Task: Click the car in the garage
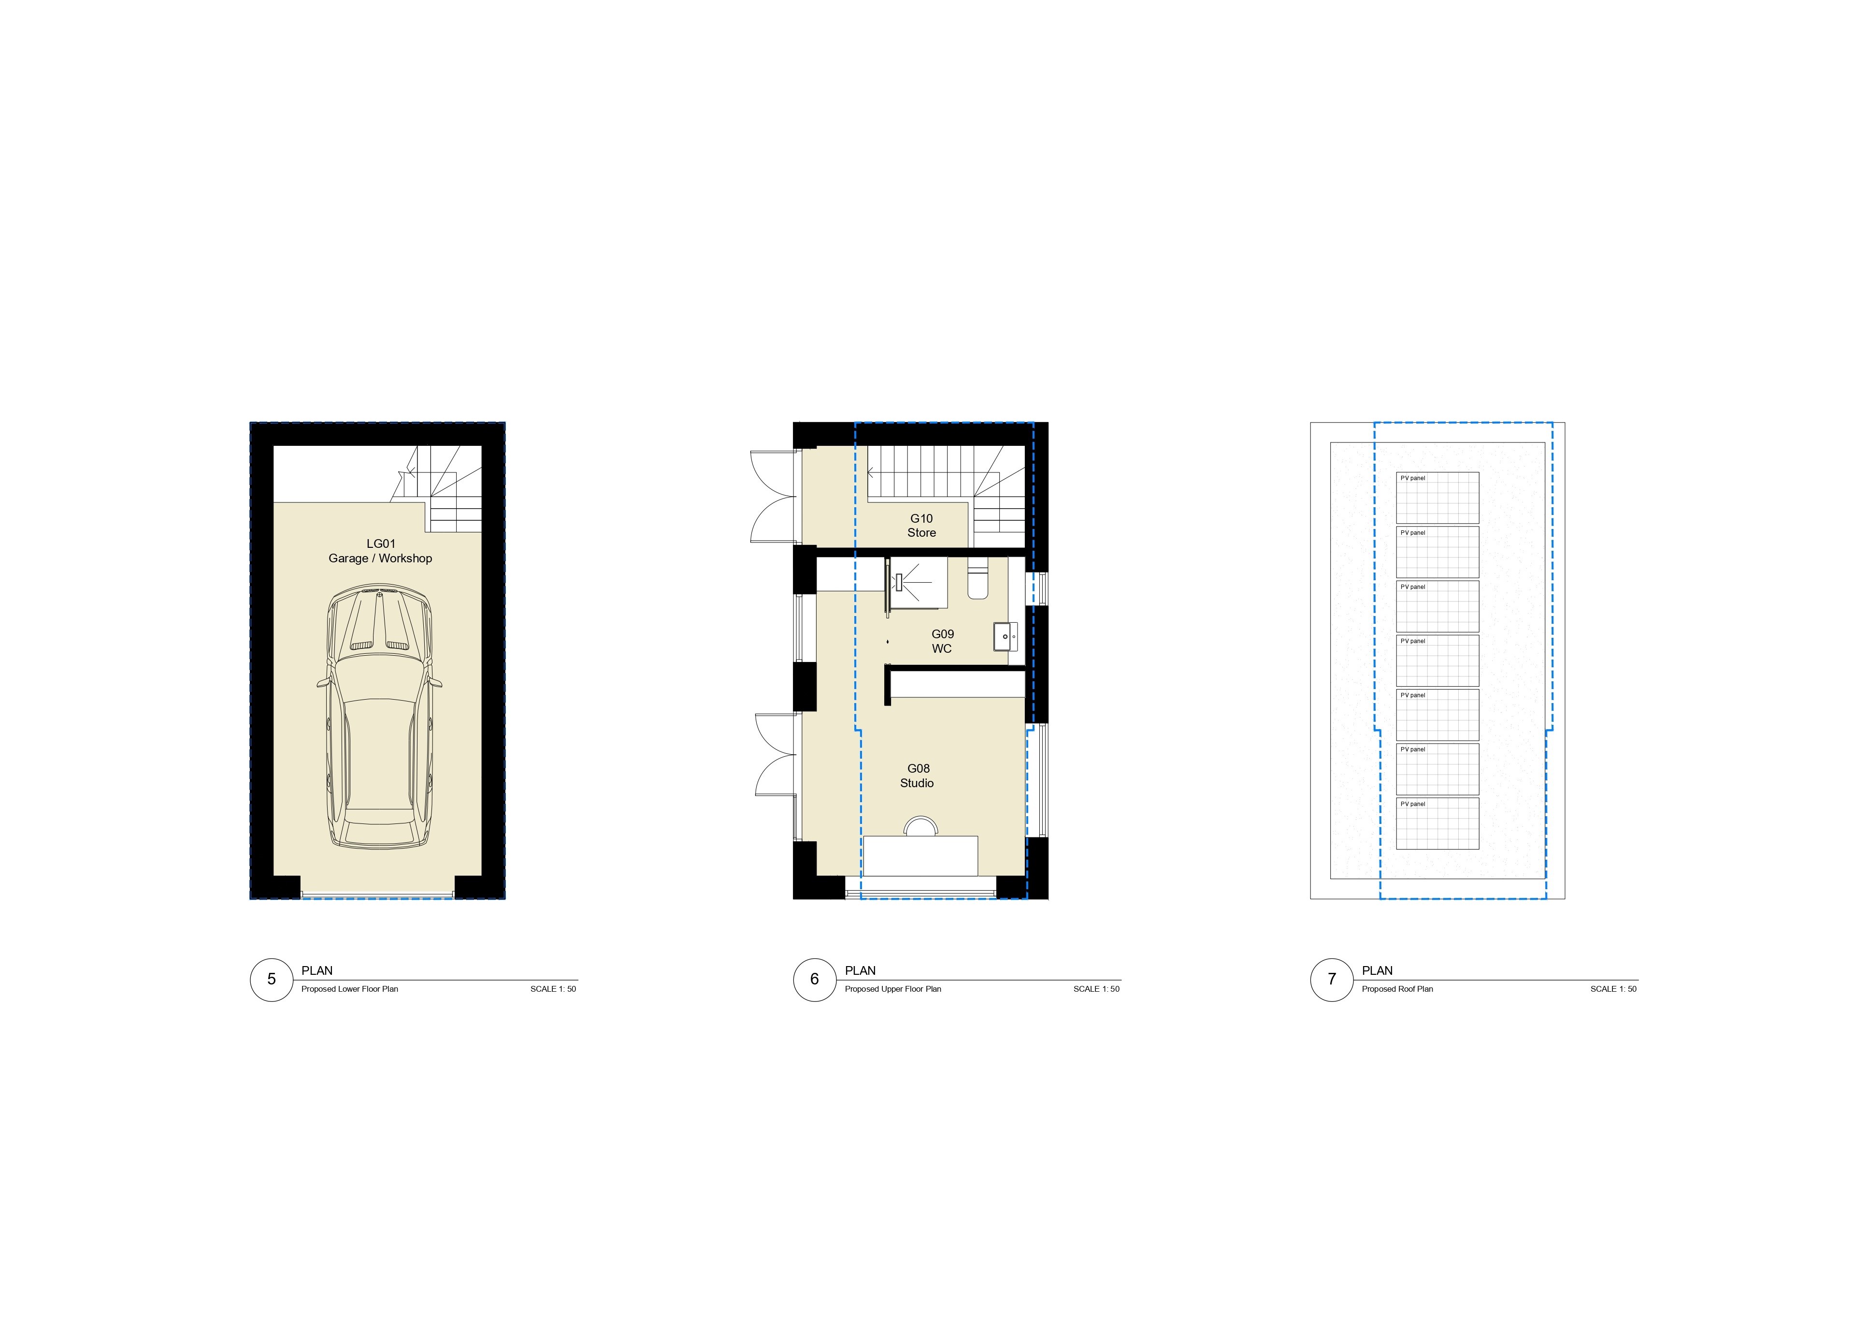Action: [380, 718]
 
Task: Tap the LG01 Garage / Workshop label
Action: [380, 551]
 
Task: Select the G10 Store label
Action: [922, 526]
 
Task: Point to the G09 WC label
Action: [942, 641]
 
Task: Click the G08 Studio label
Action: [918, 776]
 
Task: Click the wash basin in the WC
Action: [1006, 636]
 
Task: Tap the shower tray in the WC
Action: [917, 583]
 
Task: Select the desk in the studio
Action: [920, 855]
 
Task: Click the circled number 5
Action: [272, 979]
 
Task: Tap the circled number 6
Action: [814, 979]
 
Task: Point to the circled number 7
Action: [1332, 979]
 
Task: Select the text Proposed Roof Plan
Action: [1398, 989]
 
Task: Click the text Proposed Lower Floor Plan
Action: [350, 989]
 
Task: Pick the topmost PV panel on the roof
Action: [1437, 498]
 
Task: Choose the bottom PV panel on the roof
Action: [1437, 824]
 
